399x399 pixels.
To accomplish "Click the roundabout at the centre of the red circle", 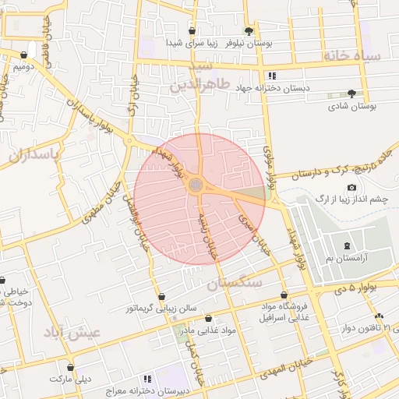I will click(x=197, y=185).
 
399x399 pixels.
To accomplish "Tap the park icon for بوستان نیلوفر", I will click(x=249, y=31).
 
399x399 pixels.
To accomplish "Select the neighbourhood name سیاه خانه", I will click(x=355, y=56).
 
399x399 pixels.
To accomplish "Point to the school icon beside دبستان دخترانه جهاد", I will click(x=272, y=76).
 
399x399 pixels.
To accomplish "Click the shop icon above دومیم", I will click(x=24, y=55).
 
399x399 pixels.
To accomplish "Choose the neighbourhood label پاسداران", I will click(x=34, y=154).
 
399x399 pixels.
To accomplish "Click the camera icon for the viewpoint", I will click(x=351, y=188).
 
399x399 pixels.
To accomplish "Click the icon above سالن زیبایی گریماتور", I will click(x=161, y=296).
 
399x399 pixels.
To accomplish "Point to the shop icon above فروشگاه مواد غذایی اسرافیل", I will click(x=284, y=296).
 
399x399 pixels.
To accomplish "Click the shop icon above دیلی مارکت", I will click(x=71, y=366).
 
